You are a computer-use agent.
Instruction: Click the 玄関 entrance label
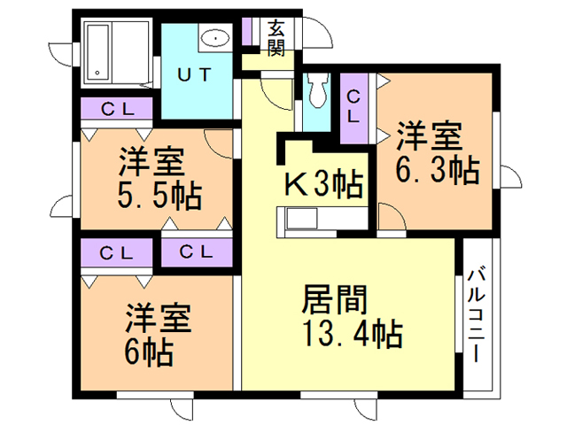(x=276, y=37)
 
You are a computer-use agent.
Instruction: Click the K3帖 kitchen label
(x=322, y=184)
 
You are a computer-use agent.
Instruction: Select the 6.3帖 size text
(x=437, y=168)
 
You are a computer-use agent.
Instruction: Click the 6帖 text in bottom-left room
(x=148, y=353)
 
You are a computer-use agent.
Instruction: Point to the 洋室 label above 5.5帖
(x=151, y=163)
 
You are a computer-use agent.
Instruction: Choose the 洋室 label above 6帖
(x=156, y=318)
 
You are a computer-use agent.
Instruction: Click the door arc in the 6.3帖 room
(x=388, y=215)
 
